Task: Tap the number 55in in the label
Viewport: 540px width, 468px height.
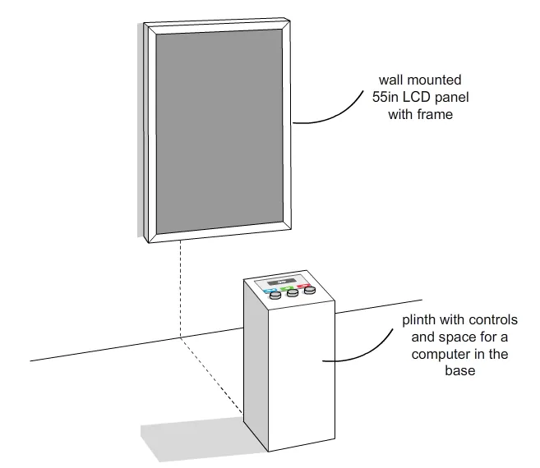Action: (385, 97)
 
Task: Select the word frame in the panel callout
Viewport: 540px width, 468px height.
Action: (435, 114)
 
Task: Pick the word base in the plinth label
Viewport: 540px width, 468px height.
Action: (460, 370)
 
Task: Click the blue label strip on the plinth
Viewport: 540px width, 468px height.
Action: (269, 291)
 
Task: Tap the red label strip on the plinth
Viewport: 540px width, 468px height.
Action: (303, 286)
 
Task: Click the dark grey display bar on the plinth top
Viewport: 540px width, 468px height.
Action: (281, 282)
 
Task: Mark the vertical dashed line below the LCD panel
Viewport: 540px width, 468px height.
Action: (180, 289)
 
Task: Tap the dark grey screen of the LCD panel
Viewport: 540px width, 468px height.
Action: (219, 131)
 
